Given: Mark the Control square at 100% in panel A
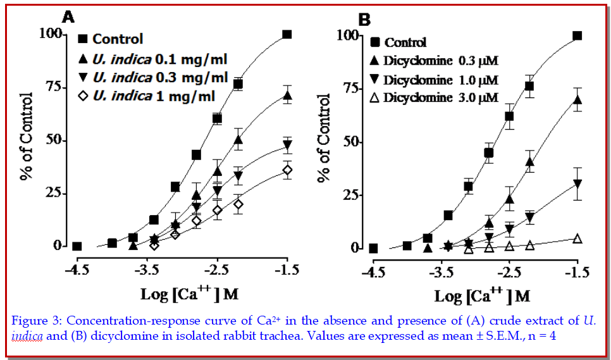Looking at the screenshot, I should pyautogui.click(x=287, y=34).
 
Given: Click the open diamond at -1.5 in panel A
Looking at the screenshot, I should pyautogui.click(x=287, y=170).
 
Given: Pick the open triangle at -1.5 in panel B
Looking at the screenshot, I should pyautogui.click(x=577, y=239).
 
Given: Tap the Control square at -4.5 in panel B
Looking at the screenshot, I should pyautogui.click(x=373, y=248).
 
